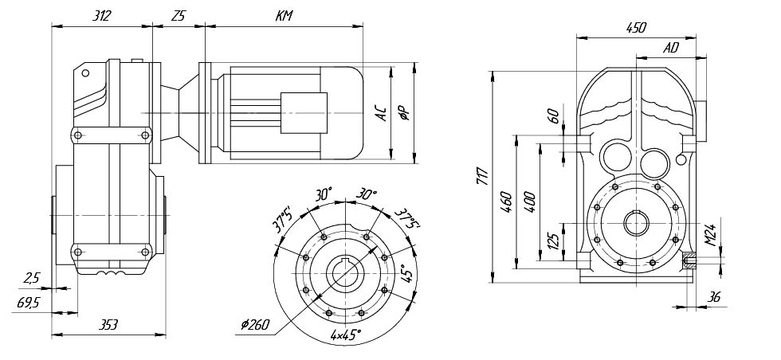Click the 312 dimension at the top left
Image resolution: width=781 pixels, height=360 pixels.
coord(101,15)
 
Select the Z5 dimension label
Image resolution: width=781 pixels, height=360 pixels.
coord(178,15)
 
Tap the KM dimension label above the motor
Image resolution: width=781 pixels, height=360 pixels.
coord(283,15)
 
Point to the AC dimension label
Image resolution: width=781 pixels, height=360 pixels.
coord(382,115)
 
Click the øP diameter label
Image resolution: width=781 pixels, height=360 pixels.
coord(406,115)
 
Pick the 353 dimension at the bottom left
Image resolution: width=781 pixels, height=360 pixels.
coord(109,324)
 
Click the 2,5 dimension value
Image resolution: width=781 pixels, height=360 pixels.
coord(32,279)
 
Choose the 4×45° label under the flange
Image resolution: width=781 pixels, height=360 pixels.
coord(345,335)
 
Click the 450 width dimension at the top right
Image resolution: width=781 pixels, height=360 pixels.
coord(635,27)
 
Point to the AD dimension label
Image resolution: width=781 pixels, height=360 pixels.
coord(670,48)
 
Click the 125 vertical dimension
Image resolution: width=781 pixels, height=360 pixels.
coord(553,240)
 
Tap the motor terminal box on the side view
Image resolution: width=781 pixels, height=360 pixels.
coord(304,112)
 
